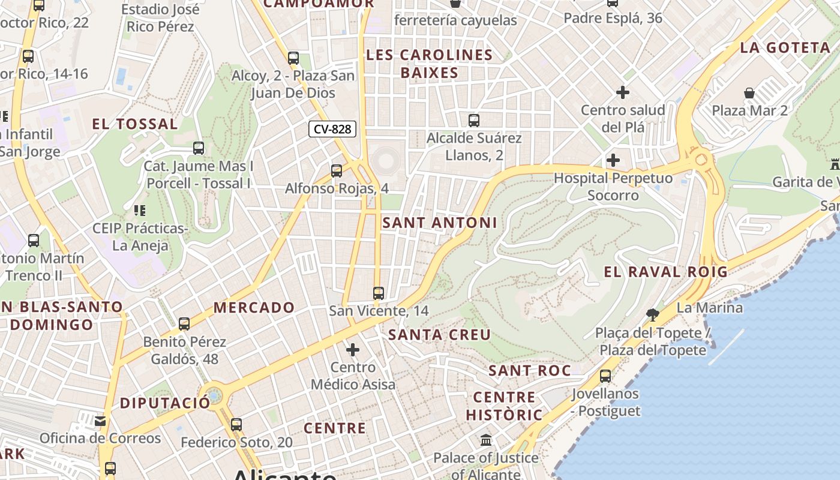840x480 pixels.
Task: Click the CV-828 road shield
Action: tap(332, 128)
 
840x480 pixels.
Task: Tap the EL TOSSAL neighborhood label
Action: tap(135, 124)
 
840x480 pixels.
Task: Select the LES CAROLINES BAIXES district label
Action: tap(429, 64)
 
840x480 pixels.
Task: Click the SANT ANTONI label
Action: tap(440, 223)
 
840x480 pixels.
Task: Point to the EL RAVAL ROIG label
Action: tap(665, 272)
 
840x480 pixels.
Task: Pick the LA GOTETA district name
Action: tap(785, 48)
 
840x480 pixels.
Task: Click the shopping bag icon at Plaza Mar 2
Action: tap(749, 93)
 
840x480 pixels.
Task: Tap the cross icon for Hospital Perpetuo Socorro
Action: tap(613, 160)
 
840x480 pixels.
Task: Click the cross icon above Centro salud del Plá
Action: tap(623, 92)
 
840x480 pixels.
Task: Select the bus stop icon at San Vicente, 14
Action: tap(379, 293)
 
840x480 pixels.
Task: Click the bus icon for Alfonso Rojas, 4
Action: tap(337, 171)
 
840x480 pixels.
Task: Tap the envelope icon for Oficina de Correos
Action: tap(100, 421)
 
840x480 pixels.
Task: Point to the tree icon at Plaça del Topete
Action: tap(653, 314)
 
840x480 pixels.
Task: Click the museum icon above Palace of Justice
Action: tap(486, 440)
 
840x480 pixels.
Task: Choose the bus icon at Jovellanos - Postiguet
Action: tap(605, 376)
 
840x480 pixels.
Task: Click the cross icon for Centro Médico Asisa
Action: tap(353, 349)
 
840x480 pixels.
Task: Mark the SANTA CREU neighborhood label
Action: tap(440, 335)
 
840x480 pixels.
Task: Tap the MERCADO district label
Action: tap(254, 308)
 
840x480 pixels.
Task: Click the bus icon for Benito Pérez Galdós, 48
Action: tap(184, 324)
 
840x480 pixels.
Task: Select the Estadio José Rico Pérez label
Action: tap(160, 18)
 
